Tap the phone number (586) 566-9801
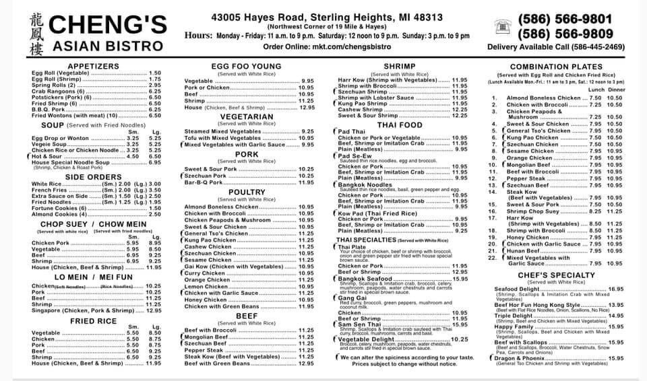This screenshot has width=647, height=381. [x=565, y=19]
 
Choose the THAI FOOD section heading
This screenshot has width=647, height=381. [x=400, y=125]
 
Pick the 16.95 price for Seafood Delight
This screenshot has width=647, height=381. [x=615, y=288]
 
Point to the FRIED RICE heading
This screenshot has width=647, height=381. [x=94, y=321]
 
